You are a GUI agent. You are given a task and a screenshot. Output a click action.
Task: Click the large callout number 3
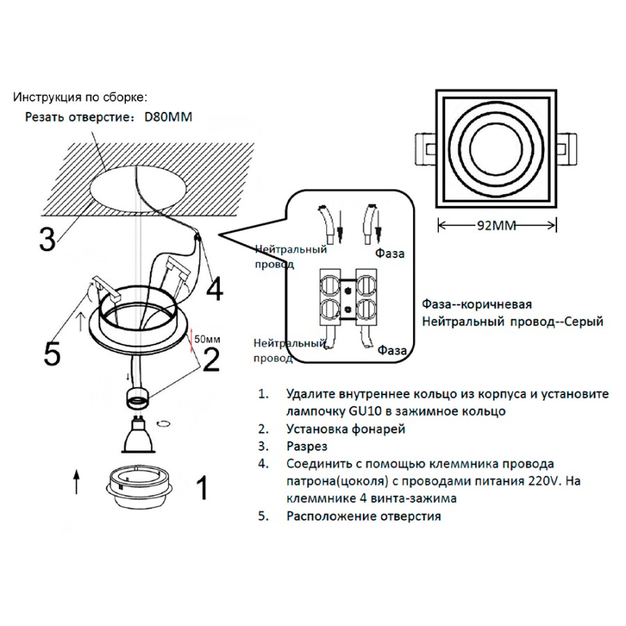47,239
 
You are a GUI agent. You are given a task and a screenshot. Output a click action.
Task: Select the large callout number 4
215,289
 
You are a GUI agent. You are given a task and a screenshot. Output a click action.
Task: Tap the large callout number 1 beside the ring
201,488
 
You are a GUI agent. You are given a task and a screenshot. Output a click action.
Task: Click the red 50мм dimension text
207,339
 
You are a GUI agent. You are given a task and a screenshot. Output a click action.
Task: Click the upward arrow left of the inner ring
76,481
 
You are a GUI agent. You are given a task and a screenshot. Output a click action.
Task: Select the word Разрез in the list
307,446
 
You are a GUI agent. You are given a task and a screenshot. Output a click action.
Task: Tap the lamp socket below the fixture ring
138,399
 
